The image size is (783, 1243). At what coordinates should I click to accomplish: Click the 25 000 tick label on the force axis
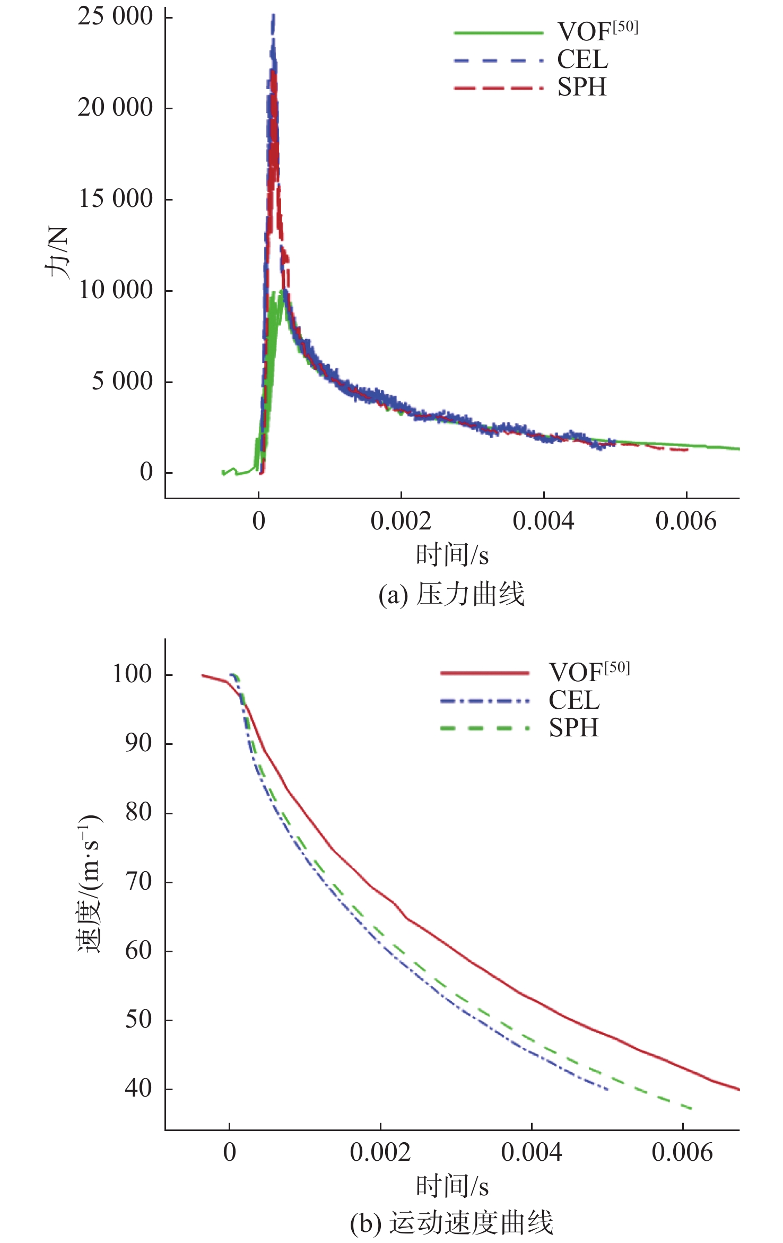[x=115, y=16]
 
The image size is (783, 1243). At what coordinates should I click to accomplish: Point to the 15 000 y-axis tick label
[x=116, y=199]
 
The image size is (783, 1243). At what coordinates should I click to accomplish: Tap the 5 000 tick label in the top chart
[x=122, y=381]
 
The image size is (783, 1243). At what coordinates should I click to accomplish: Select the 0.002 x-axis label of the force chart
[x=401, y=521]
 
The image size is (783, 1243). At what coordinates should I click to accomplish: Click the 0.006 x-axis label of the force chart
[x=685, y=521]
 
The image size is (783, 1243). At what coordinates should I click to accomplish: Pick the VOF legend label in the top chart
[x=597, y=31]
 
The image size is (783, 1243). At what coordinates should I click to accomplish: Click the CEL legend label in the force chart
[x=582, y=59]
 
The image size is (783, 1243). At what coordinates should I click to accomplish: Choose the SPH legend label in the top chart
[x=581, y=87]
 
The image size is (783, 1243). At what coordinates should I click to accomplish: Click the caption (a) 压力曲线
[x=451, y=594]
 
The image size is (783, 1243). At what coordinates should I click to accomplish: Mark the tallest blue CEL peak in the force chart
[x=273, y=16]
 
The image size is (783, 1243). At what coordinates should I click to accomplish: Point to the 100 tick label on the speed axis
[x=132, y=674]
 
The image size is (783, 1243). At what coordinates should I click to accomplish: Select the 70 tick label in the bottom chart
[x=138, y=882]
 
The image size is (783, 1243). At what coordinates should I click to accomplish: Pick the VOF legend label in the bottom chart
[x=589, y=672]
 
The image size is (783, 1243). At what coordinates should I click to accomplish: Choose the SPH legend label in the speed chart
[x=573, y=728]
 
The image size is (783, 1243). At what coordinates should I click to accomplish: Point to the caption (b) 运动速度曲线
[x=451, y=1223]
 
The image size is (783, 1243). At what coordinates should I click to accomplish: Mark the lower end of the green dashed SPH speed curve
[x=692, y=1108]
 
